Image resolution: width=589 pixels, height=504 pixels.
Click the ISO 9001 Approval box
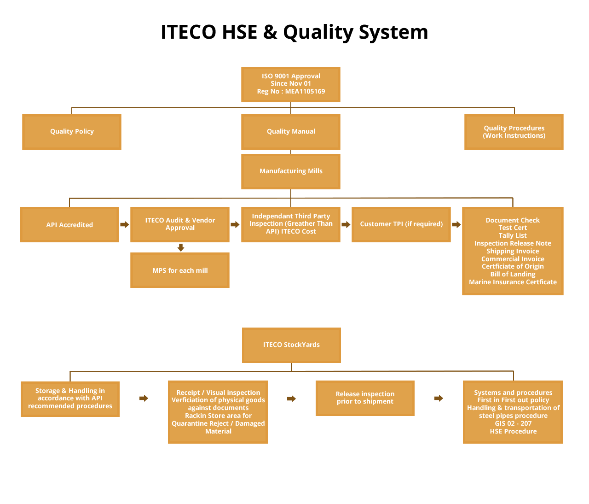point(291,84)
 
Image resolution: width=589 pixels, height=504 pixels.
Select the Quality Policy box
point(72,132)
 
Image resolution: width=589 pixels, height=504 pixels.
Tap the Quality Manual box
point(291,132)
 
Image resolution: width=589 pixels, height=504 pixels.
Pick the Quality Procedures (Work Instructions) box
point(514,132)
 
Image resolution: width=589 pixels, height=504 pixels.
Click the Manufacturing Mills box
point(291,171)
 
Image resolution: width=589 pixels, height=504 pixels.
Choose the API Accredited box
point(69,224)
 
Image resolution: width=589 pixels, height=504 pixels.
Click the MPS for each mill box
point(180,270)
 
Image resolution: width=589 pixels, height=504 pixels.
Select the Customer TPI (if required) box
point(401,224)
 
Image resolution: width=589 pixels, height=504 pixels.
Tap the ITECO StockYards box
point(291,345)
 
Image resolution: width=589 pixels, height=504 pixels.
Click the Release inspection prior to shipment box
point(365,398)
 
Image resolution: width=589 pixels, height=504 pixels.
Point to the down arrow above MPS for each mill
point(181,247)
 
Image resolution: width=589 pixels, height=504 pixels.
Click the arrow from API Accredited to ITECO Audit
point(125,224)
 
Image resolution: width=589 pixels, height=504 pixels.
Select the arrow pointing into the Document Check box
point(456,224)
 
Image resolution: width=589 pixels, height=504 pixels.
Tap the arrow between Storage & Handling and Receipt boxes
point(144,398)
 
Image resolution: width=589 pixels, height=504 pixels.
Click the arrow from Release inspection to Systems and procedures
point(439,398)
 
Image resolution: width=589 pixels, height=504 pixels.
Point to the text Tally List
point(513,235)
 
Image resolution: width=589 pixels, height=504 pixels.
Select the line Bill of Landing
point(513,274)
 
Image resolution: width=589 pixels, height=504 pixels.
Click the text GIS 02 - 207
point(513,423)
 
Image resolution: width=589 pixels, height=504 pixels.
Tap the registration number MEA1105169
point(305,91)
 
